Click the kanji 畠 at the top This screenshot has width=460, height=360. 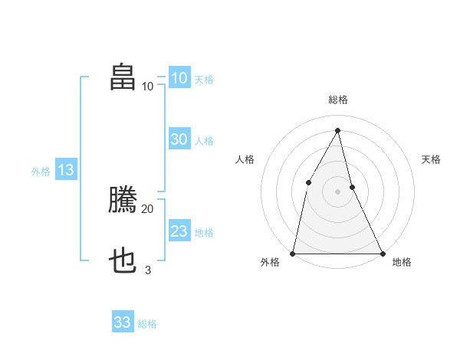(123, 77)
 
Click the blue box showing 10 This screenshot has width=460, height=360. (179, 78)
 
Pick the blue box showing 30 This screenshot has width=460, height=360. (179, 139)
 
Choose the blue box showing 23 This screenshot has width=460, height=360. (179, 231)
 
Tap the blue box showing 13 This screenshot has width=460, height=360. (65, 170)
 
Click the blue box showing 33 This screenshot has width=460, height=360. (123, 322)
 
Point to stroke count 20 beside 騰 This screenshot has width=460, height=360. (147, 208)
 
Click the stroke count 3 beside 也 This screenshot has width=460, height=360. (148, 270)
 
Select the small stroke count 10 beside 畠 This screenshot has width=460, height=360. (147, 86)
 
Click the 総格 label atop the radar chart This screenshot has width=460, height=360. (338, 100)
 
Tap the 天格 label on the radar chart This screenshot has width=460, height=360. (432, 159)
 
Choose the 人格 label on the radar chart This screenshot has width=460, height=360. (245, 159)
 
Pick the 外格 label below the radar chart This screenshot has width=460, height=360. (270, 263)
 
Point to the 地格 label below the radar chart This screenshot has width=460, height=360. (402, 263)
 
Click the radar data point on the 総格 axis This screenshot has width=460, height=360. (337, 129)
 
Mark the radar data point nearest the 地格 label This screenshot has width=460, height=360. (382, 253)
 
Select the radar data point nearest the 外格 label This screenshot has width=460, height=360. (294, 253)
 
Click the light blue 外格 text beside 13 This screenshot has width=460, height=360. (41, 172)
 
